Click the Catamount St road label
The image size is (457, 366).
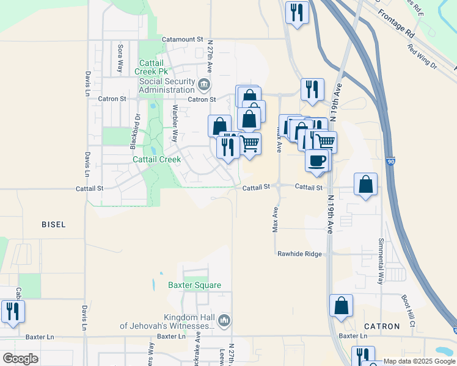point(182,39)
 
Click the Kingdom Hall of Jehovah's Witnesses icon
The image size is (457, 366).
point(224,320)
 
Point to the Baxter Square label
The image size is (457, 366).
point(194,285)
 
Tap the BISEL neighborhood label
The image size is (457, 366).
point(53,224)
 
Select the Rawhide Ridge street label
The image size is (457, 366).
point(299,254)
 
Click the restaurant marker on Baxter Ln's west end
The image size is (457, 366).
point(13,311)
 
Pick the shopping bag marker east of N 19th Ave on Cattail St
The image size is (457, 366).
point(365,184)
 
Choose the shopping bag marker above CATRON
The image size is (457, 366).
point(341,306)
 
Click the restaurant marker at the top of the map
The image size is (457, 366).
point(297,12)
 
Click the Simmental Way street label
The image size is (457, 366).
point(380,261)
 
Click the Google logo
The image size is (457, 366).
point(20,359)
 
